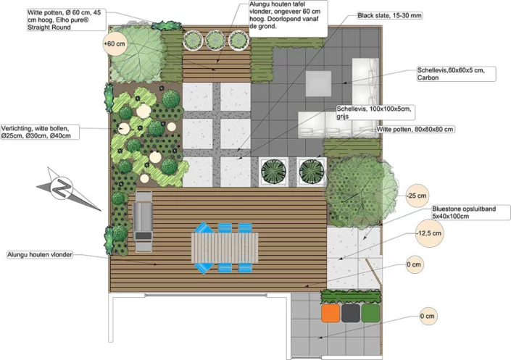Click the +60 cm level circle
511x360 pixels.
click(115, 43)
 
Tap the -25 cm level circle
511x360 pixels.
click(417, 196)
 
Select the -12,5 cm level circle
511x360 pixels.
click(430, 233)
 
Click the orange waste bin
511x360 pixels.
click(331, 313)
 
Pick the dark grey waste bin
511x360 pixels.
click(351, 313)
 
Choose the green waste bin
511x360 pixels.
click(370, 313)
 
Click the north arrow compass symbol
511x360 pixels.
click(65, 189)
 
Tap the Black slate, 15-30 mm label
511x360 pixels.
click(390, 15)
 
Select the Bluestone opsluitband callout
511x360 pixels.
click(470, 212)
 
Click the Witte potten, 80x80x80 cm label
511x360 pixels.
click(415, 130)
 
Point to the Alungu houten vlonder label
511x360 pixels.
click(40, 255)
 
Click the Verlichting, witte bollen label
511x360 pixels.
click(39, 132)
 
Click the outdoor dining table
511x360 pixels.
click(225, 248)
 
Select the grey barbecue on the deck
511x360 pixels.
click(143, 222)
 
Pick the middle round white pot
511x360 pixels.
click(215, 40)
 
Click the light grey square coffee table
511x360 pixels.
click(318, 83)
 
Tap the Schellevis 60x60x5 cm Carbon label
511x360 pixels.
click(456, 74)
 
